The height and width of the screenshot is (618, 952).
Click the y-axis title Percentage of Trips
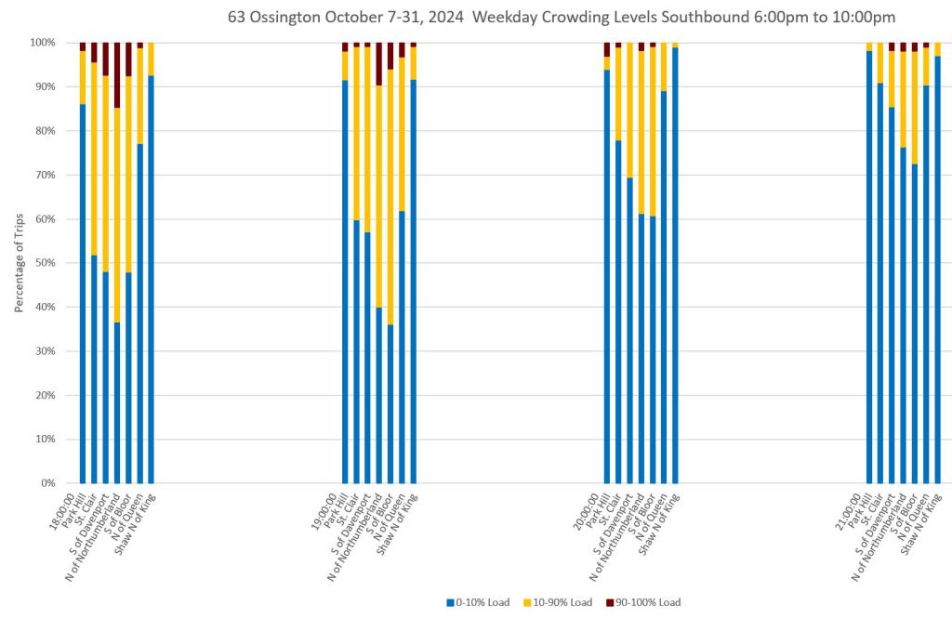(x=20, y=263)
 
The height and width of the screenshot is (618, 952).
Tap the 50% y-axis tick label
(x=45, y=263)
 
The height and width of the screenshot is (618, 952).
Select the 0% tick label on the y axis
(x=47, y=483)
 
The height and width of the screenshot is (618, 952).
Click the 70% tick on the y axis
(x=45, y=175)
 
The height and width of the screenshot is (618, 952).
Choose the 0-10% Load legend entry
(x=478, y=602)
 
